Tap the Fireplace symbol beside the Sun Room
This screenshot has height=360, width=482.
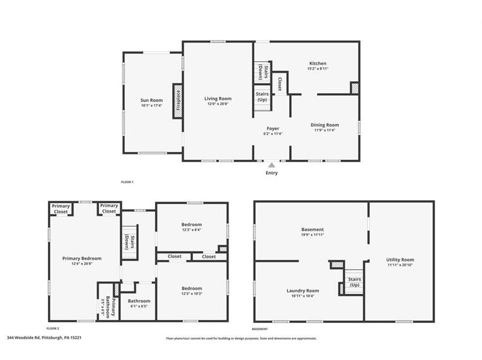pos(178,100)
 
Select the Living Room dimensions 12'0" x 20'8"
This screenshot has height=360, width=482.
pos(218,104)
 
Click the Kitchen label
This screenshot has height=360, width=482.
pos(318,63)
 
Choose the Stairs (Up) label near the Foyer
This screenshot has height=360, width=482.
pos(262,97)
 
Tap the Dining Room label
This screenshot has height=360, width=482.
pos(325,125)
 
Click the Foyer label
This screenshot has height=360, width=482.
pos(272,128)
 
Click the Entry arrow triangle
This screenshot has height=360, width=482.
pos(272,164)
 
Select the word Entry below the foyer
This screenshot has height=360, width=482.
pos(272,173)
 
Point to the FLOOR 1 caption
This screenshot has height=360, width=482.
pos(127,182)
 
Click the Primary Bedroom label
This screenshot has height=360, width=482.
pos(82,258)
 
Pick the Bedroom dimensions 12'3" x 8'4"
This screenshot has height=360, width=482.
pos(191,229)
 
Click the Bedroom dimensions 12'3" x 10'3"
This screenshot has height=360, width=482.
pos(191,294)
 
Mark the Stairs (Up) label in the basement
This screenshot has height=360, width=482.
pos(354,282)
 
